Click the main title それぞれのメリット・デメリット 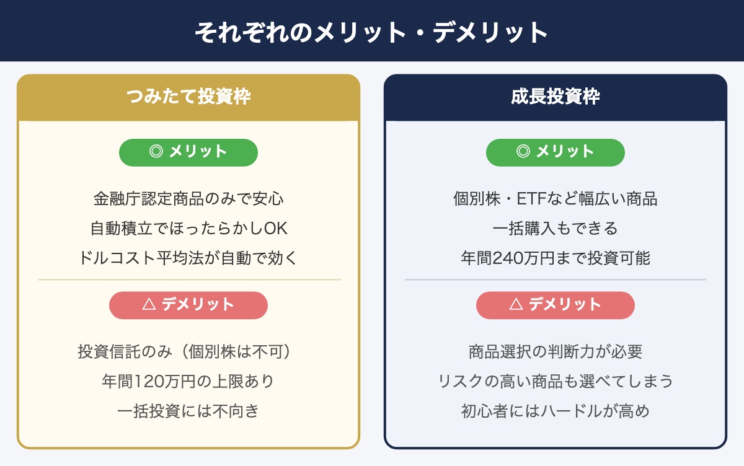click(371, 32)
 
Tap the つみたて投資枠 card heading click(188, 97)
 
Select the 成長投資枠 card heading click(556, 97)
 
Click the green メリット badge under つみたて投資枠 click(188, 152)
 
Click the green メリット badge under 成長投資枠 click(556, 152)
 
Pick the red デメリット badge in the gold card click(188, 305)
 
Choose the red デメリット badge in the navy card click(556, 305)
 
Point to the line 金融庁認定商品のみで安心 click(188, 199)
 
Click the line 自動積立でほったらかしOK click(188, 229)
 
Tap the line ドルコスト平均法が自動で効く click(188, 258)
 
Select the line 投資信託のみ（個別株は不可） click(185, 352)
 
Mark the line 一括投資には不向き click(188, 411)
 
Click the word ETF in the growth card click(531, 199)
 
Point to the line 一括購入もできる click(556, 229)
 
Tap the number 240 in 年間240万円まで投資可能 click(508, 258)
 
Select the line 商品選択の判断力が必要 click(556, 352)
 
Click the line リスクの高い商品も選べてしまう click(556, 381)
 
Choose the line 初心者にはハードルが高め click(556, 411)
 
